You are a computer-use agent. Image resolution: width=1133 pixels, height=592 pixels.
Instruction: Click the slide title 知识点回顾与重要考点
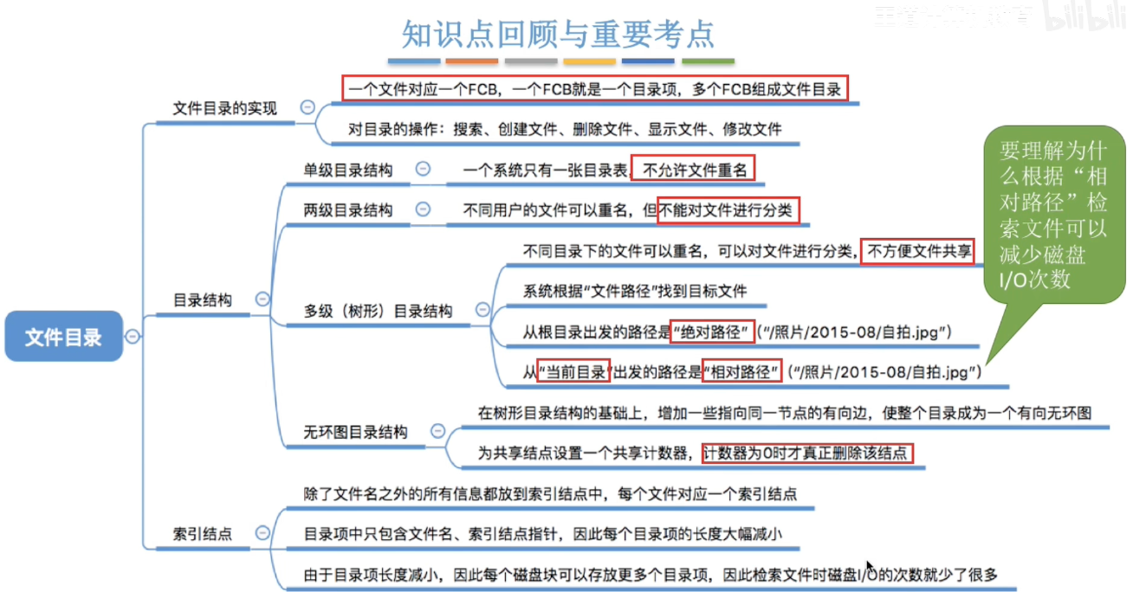tap(558, 34)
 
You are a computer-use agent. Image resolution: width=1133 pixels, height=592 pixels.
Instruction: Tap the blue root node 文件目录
tap(63, 337)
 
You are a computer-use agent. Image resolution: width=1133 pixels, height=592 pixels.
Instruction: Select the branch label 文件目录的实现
tap(225, 108)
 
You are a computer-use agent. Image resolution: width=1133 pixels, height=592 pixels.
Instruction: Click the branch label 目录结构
tap(203, 300)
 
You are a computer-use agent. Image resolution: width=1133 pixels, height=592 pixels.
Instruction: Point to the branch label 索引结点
tap(203, 534)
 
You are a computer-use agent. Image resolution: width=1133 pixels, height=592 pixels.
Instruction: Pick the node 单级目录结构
tap(347, 171)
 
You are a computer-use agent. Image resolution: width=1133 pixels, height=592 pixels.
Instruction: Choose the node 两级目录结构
tap(347, 210)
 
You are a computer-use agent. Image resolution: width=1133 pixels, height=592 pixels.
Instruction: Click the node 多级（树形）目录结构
tap(378, 311)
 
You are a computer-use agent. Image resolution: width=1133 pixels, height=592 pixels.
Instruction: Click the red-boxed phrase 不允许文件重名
tap(693, 171)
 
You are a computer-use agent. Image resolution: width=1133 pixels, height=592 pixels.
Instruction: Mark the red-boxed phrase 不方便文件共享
tap(917, 252)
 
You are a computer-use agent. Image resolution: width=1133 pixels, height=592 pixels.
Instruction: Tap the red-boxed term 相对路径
tap(741, 372)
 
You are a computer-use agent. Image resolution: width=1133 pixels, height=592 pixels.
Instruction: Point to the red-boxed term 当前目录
tap(573, 372)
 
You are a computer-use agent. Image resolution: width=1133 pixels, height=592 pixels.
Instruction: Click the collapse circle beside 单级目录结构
tap(423, 170)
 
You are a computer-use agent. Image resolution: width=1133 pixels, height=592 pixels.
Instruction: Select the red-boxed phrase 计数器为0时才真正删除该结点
tap(807, 452)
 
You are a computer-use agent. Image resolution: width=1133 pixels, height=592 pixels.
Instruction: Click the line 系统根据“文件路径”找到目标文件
tap(635, 292)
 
